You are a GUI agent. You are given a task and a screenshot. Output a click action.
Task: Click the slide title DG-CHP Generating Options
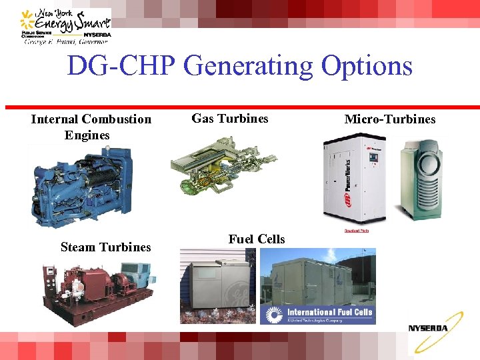tap(240, 66)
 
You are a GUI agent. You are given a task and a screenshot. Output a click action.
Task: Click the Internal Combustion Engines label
tap(91, 127)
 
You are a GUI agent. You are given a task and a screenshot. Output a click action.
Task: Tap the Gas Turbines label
tap(230, 119)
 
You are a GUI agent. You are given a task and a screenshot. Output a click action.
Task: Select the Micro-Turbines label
tap(389, 119)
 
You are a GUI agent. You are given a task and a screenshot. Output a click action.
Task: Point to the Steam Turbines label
tap(105, 247)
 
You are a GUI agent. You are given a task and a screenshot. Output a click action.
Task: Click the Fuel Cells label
tap(256, 239)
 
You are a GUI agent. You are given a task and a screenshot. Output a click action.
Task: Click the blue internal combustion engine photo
tap(80, 187)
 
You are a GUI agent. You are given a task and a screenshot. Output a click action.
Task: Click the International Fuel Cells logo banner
tap(319, 314)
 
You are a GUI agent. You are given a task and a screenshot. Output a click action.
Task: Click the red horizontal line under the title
tap(240, 107)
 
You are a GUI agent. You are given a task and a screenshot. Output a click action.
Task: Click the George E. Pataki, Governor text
tap(65, 41)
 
